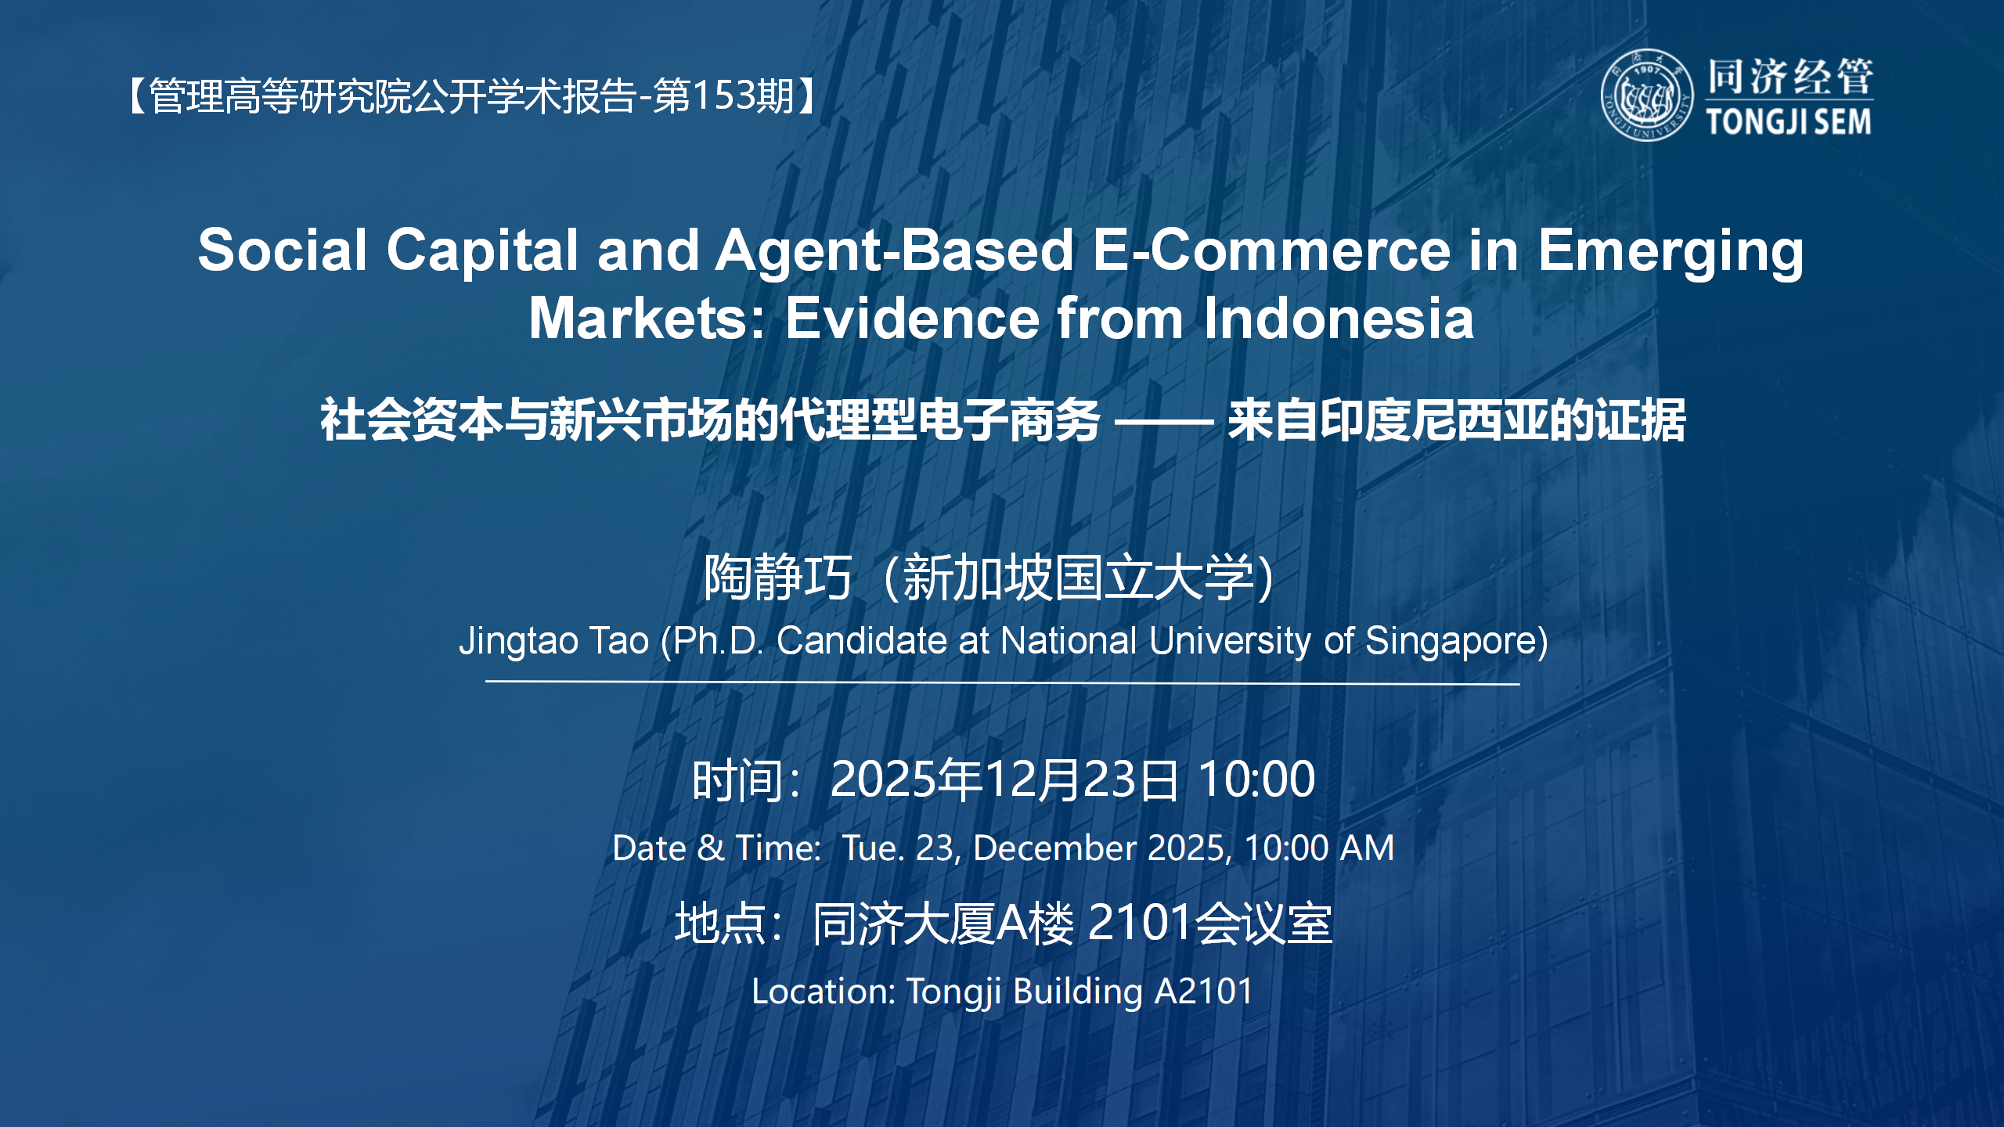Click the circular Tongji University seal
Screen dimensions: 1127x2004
1646,95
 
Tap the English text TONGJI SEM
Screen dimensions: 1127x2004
1789,122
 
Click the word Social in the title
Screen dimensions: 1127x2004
282,250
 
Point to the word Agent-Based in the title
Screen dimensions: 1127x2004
894,250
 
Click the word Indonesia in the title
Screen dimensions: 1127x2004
1339,319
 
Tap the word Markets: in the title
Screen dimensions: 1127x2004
647,319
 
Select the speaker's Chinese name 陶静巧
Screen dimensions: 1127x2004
777,578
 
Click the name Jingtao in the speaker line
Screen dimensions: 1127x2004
518,641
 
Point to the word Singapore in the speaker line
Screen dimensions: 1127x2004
1456,641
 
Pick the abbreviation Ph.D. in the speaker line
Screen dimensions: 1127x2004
718,641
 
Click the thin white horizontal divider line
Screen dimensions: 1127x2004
1002,682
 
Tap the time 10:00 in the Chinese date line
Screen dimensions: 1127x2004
1256,780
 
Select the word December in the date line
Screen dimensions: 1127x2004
1054,848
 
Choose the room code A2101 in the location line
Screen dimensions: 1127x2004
1204,992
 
